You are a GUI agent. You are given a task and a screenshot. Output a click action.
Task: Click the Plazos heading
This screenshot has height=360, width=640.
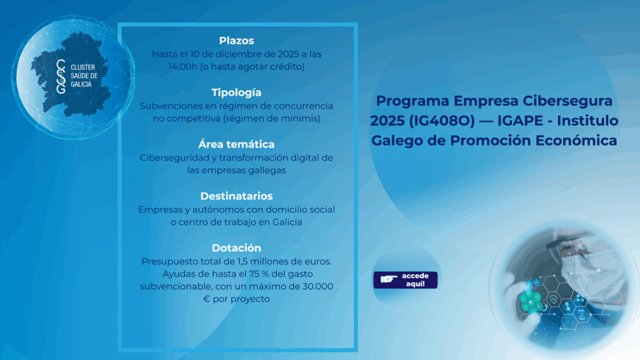[x=236, y=41]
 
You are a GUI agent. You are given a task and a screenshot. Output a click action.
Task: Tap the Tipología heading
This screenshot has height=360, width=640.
[x=236, y=92]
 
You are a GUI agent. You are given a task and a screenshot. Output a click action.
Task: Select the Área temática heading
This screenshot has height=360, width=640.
[x=236, y=144]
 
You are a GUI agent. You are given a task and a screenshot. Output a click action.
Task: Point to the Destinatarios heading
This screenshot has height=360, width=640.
[x=236, y=196]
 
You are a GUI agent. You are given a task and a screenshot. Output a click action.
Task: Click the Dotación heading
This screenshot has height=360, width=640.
[x=236, y=247]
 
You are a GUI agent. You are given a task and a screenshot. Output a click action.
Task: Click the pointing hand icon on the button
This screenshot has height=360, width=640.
[x=388, y=279]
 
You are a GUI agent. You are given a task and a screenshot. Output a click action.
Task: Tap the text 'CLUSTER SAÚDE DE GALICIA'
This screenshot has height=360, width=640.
[x=84, y=76]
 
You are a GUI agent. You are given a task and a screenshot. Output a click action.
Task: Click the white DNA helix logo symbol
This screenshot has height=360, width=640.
[x=61, y=76]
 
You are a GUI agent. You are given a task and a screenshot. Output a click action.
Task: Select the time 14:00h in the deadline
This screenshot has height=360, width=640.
[x=183, y=66]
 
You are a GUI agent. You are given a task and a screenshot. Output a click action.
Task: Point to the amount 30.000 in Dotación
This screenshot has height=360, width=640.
[x=317, y=286]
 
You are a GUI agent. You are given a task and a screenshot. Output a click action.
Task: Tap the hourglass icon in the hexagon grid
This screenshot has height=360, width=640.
[x=581, y=314]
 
